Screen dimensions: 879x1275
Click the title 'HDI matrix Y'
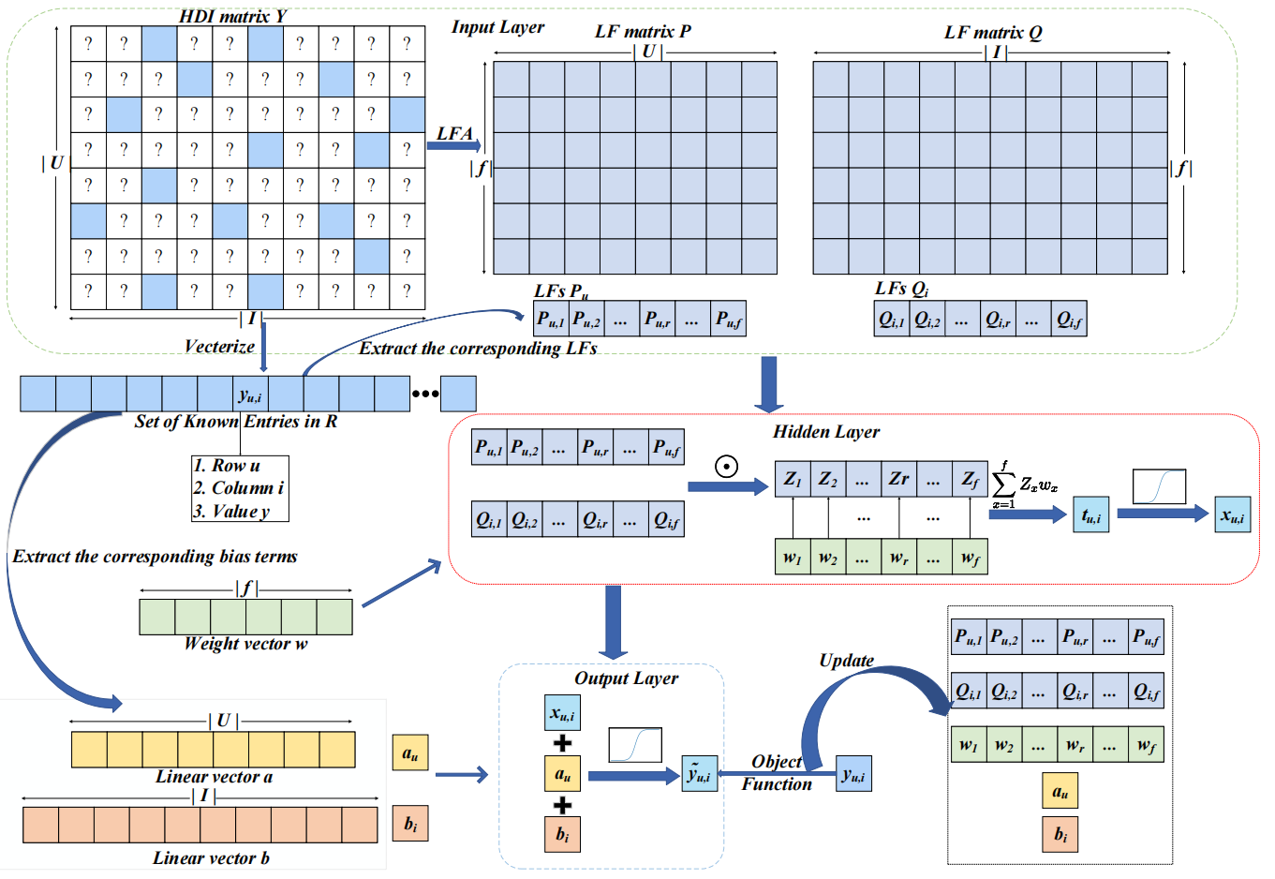coord(232,16)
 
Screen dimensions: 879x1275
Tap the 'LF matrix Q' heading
coord(992,33)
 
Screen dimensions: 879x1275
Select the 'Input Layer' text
coord(497,27)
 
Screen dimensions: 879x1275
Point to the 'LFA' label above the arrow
coord(454,133)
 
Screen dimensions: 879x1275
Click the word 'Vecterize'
coord(219,347)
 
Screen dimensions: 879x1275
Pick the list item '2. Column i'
coord(238,488)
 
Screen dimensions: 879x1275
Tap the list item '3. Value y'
coord(231,512)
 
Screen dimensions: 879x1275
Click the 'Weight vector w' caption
coord(245,644)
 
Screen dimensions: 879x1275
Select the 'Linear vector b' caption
coord(211,858)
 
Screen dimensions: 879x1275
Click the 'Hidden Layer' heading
coord(825,432)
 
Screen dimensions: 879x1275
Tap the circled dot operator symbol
coord(726,466)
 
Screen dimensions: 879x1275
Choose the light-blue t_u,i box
coord(1090,515)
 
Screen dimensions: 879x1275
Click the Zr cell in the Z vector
coord(898,479)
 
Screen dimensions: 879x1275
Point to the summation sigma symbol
coord(1003,484)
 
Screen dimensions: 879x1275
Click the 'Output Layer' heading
coord(626,678)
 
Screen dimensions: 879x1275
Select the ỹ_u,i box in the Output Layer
coord(699,774)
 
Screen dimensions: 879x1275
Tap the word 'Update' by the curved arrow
coord(846,661)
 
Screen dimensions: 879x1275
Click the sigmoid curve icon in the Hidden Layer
coord(1159,486)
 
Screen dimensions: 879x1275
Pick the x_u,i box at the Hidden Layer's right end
coord(1232,515)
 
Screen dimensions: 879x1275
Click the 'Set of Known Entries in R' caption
coord(235,422)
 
